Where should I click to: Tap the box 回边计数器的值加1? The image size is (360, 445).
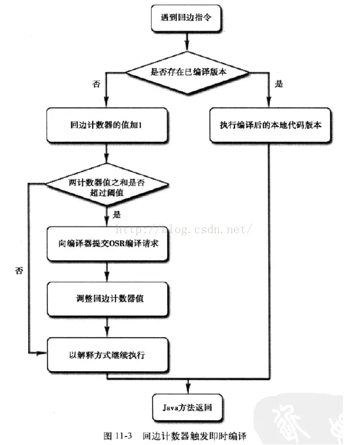click(109, 125)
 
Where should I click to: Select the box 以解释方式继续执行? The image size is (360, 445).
click(109, 355)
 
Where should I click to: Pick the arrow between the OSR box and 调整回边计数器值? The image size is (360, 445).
click(109, 271)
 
